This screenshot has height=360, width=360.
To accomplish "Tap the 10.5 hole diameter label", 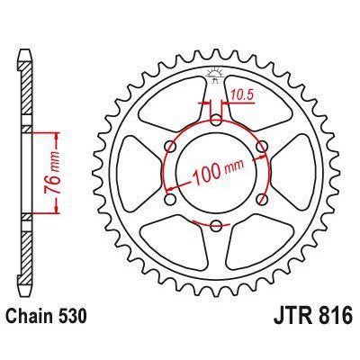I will coord(240,92).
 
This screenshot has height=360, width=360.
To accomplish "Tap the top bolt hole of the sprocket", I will coord(216,118).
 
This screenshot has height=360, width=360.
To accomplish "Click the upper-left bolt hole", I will coord(170,144).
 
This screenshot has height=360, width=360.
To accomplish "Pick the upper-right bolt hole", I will coord(262,144).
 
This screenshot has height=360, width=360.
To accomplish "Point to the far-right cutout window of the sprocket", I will coord(301,171).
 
